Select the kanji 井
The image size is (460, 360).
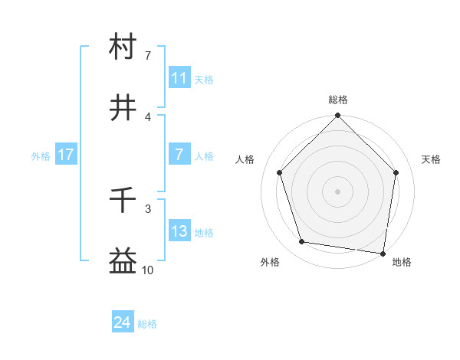click(x=123, y=108)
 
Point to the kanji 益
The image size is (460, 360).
click(x=123, y=262)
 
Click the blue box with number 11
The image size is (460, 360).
click(x=179, y=78)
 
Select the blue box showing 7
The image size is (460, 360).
click(x=179, y=155)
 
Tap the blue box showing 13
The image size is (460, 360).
click(x=179, y=232)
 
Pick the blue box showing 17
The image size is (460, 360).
click(x=66, y=155)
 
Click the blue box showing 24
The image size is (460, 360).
click(x=123, y=323)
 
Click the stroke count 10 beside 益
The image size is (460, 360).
click(x=148, y=270)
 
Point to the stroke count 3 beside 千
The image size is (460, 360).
click(x=148, y=208)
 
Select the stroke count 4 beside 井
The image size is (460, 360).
click(x=148, y=116)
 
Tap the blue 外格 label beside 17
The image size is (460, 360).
click(x=41, y=155)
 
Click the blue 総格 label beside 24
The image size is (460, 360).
click(x=147, y=324)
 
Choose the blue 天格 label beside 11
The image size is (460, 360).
click(x=204, y=79)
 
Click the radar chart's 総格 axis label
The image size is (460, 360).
click(x=338, y=100)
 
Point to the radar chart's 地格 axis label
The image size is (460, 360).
click(x=402, y=263)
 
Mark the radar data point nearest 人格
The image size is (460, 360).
click(x=280, y=172)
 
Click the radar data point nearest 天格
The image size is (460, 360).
click(x=396, y=172)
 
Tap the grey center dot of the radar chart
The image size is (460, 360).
click(x=338, y=191)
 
